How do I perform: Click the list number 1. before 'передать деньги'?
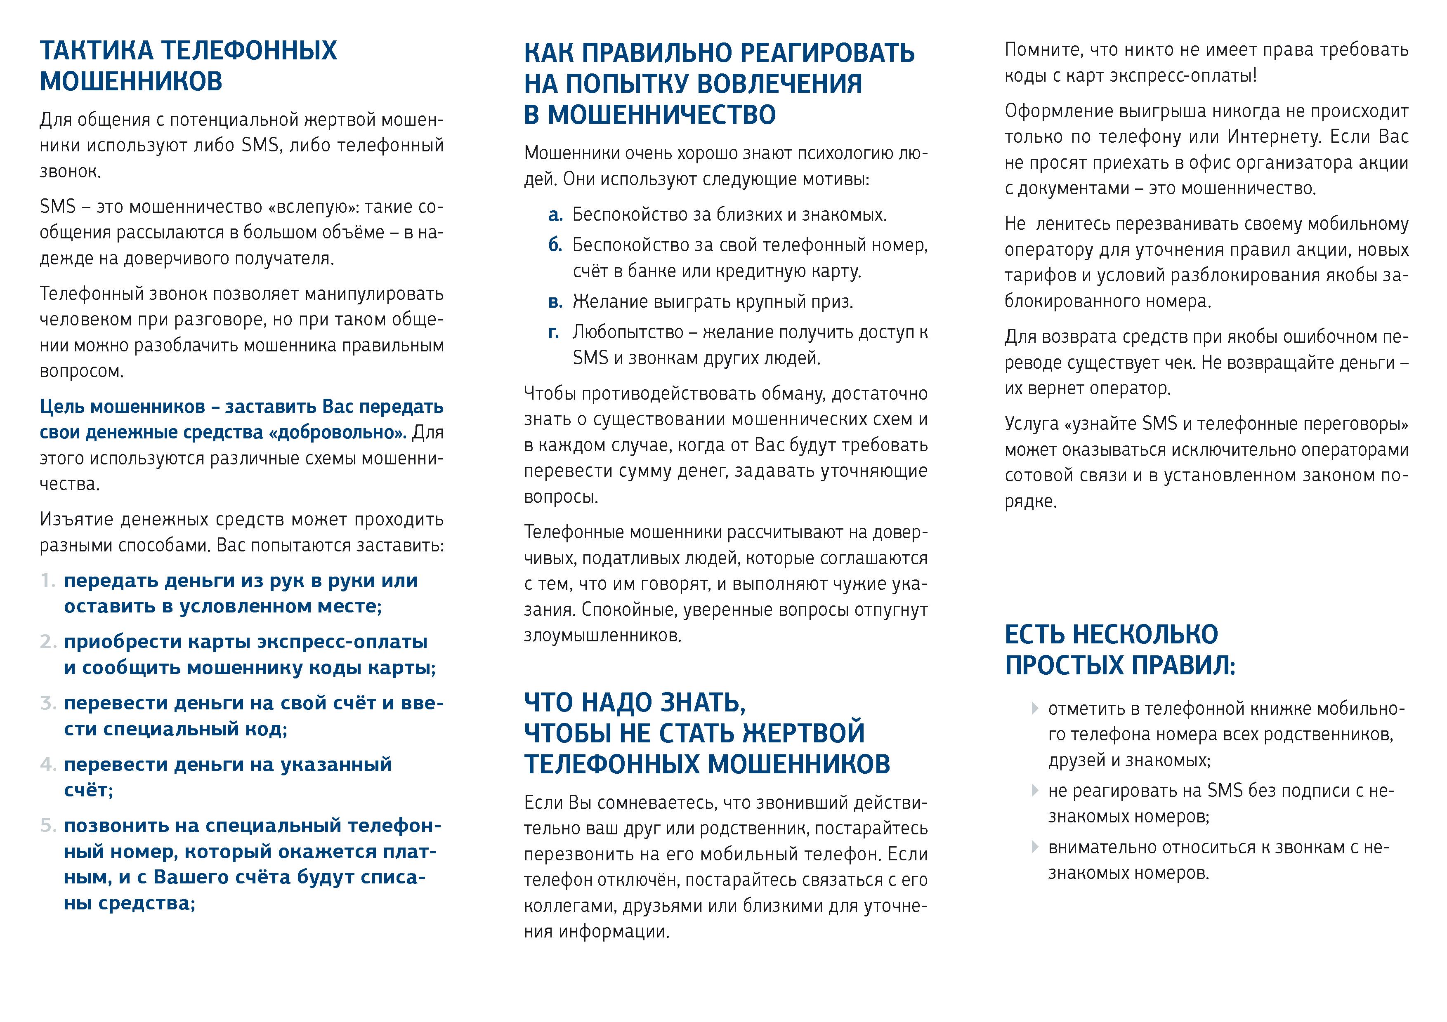(48, 581)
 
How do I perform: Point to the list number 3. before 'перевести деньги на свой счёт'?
(48, 703)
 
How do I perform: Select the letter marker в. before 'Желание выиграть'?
(555, 302)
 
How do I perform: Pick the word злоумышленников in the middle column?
(602, 636)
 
